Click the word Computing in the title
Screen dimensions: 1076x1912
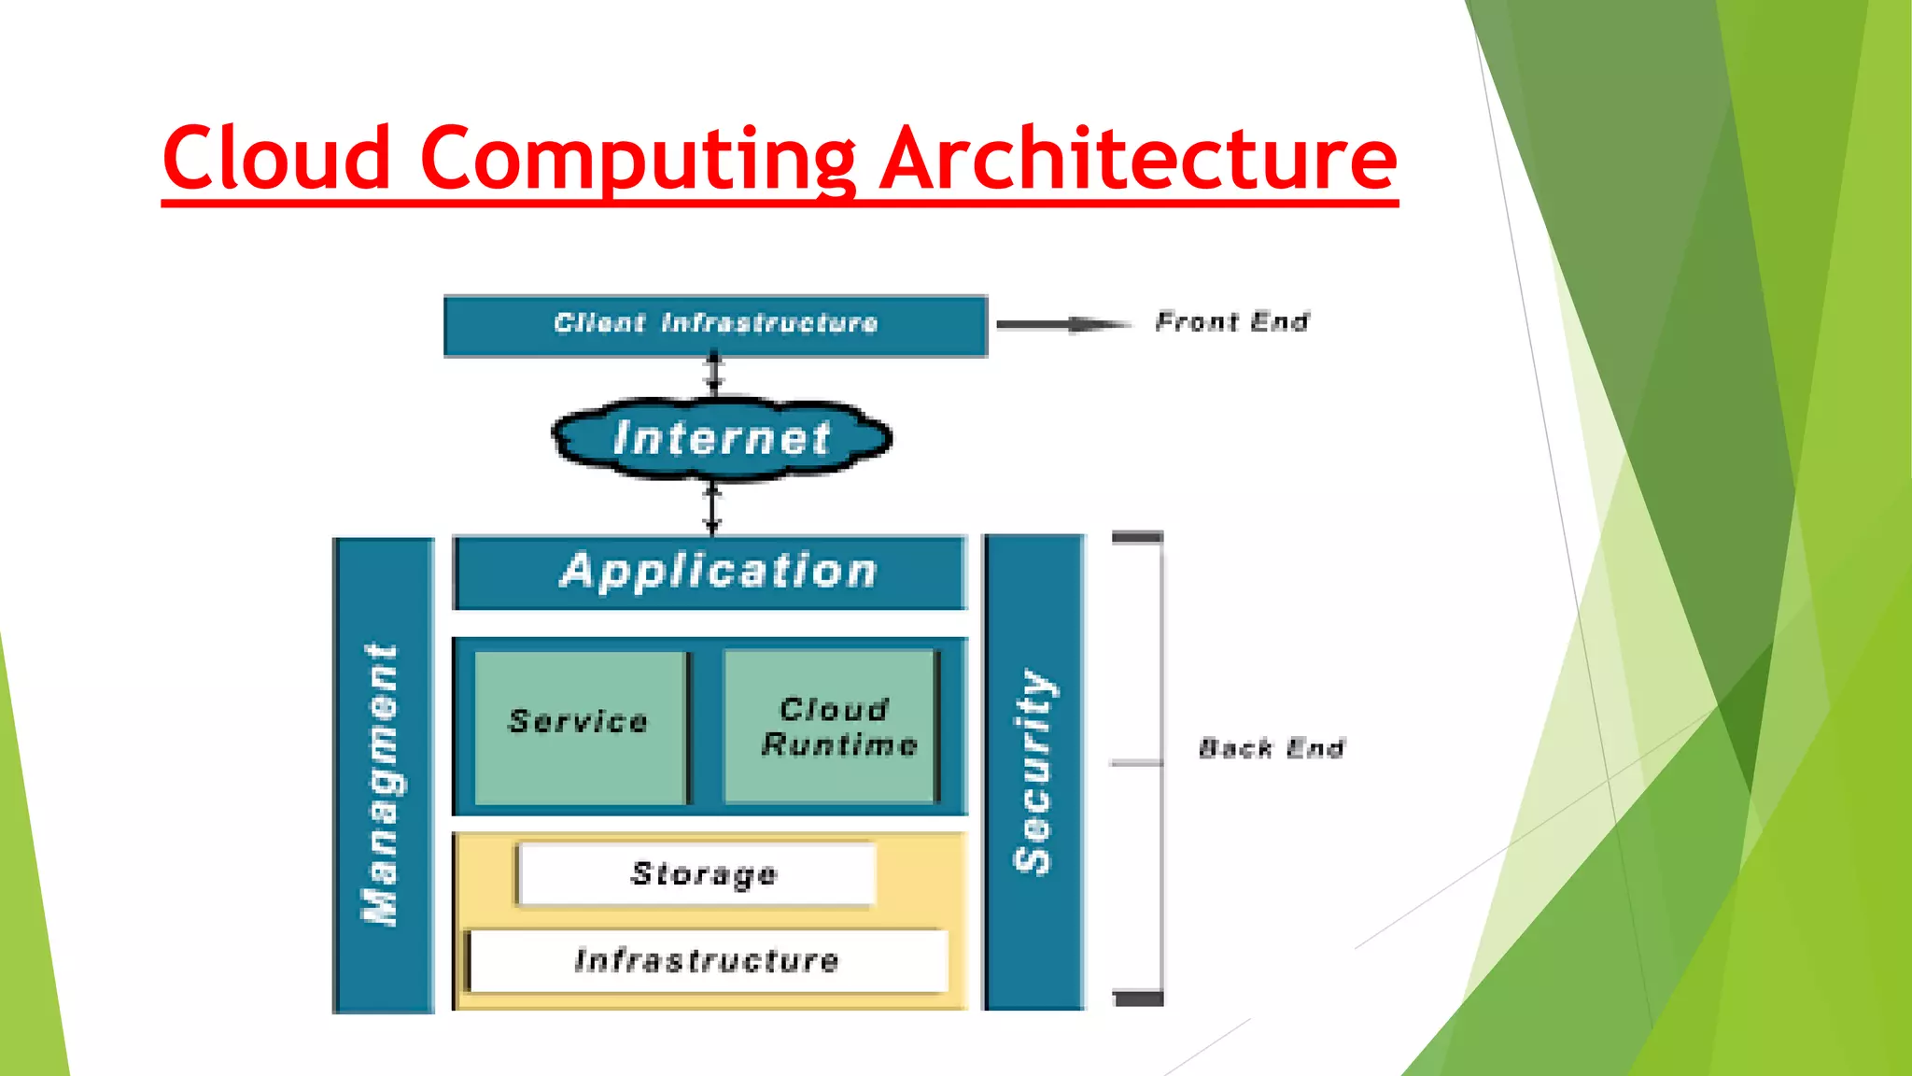pyautogui.click(x=638, y=159)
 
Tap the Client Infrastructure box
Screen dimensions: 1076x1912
pyautogui.click(x=715, y=325)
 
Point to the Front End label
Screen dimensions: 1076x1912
pyautogui.click(x=1232, y=322)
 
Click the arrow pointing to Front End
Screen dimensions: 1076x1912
pyautogui.click(x=1064, y=325)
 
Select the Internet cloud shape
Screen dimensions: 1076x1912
pyautogui.click(x=722, y=438)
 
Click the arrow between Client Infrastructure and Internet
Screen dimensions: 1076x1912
pyautogui.click(x=714, y=373)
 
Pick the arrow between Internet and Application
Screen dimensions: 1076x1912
pyautogui.click(x=712, y=509)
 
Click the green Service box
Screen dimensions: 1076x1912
pyautogui.click(x=580, y=725)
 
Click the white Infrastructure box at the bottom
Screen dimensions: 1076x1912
pyautogui.click(x=708, y=960)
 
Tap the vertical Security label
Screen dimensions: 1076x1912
pyautogui.click(x=1033, y=772)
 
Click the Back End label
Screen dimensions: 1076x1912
pyautogui.click(x=1272, y=748)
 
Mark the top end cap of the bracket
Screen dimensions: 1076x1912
pyautogui.click(x=1137, y=537)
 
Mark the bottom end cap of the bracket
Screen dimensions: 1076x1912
pyautogui.click(x=1139, y=998)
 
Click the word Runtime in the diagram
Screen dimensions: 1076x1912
pyautogui.click(x=840, y=744)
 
